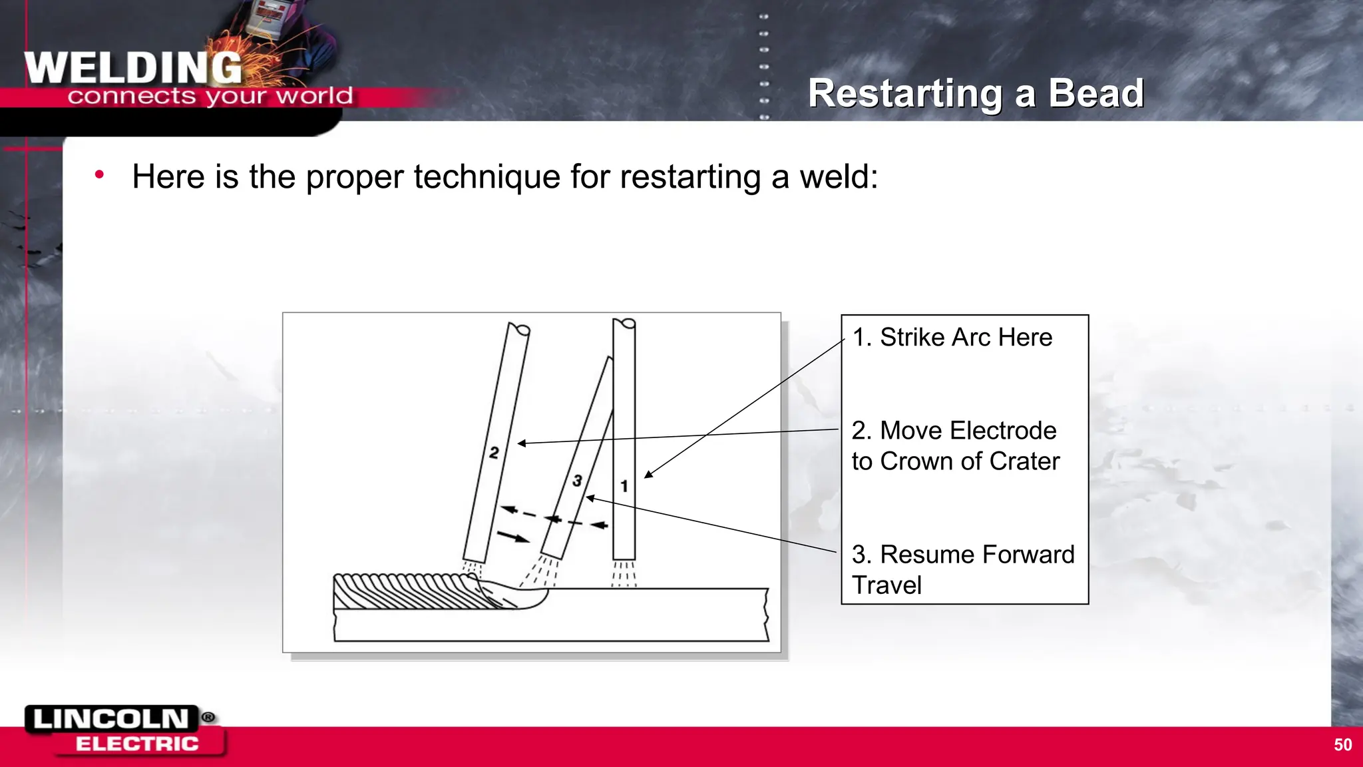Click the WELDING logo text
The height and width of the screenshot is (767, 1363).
point(133,68)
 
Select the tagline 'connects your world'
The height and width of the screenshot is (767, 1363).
point(210,97)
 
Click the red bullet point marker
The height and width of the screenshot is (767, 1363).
point(99,175)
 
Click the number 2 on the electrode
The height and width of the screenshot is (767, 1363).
point(494,453)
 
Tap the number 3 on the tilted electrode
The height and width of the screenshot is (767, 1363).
point(577,480)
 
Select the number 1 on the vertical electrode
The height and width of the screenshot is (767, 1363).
point(624,486)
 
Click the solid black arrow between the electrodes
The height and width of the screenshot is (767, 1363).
point(513,537)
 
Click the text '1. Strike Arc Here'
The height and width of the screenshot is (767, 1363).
point(952,338)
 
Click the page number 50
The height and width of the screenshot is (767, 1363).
point(1342,745)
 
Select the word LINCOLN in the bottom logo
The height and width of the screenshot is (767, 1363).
point(111,719)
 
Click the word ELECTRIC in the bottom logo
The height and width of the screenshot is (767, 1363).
point(137,744)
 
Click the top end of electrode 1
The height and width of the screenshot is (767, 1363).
point(624,324)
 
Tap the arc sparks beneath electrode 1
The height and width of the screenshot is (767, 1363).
point(624,574)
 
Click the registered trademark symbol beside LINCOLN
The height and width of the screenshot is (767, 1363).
point(208,717)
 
